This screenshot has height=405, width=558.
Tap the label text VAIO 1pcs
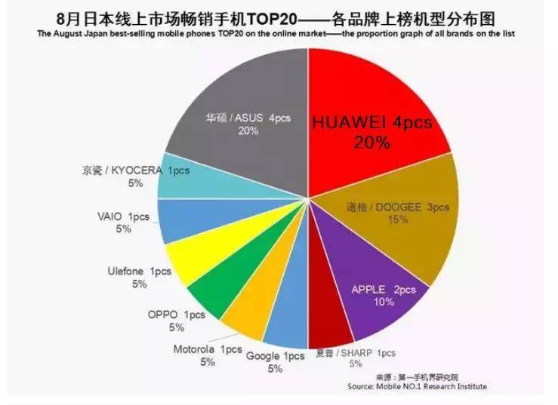(124, 216)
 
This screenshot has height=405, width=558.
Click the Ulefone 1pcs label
(139, 271)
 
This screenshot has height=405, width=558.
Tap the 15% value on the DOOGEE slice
(398, 219)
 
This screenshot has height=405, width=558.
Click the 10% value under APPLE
(384, 302)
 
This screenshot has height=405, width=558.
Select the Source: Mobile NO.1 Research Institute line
(417, 386)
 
